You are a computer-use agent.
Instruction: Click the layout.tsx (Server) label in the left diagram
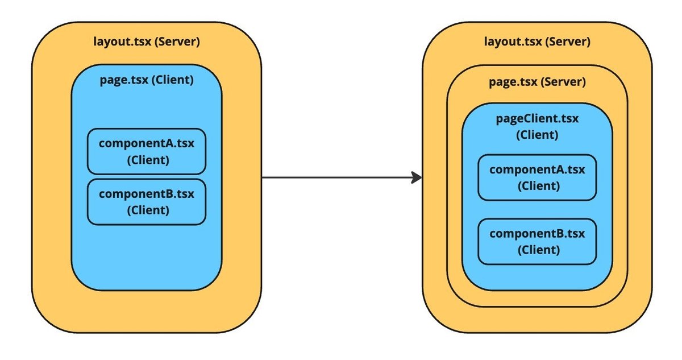point(147,42)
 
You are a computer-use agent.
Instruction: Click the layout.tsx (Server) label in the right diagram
point(537,42)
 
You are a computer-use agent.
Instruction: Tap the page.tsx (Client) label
point(147,80)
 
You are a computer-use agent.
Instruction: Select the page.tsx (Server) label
point(537,82)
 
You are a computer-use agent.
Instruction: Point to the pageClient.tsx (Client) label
point(537,127)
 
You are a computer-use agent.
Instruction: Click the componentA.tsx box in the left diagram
point(147,151)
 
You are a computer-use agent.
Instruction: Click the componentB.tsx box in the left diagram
point(147,202)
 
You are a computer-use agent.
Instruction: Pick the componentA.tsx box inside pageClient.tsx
point(537,177)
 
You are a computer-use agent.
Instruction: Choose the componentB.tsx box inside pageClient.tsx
point(537,241)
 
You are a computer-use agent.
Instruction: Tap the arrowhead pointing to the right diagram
point(416,177)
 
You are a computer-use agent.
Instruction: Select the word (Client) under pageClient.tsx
point(537,135)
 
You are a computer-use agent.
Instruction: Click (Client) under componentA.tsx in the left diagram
point(147,160)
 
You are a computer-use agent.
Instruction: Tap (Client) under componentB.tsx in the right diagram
point(537,250)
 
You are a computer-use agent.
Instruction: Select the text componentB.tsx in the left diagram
point(147,194)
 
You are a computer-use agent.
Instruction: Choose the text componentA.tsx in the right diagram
point(537,169)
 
